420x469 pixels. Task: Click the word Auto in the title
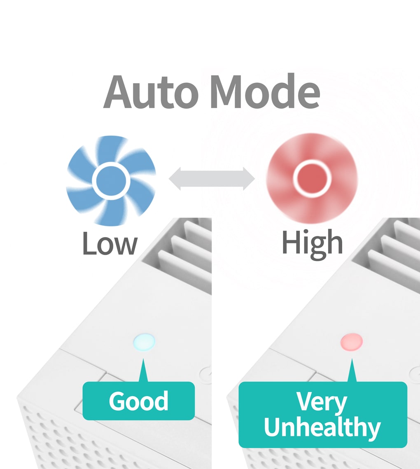pos(151,91)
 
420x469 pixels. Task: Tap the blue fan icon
pos(111,180)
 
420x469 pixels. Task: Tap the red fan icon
pos(312,179)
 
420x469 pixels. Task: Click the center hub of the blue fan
pos(111,181)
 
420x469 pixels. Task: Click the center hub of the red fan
pos(312,179)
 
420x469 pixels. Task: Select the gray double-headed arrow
pos(212,179)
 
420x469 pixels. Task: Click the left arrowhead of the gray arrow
pos(175,179)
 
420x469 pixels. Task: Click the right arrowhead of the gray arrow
pos(249,179)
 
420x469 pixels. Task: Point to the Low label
pos(110,243)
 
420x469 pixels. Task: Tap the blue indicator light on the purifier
pos(144,342)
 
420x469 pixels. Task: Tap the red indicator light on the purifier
pos(352,342)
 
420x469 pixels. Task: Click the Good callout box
pos(138,401)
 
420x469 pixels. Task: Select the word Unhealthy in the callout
pos(322,427)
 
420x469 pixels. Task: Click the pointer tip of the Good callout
pos(143,359)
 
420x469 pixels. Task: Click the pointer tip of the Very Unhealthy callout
pos(352,359)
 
